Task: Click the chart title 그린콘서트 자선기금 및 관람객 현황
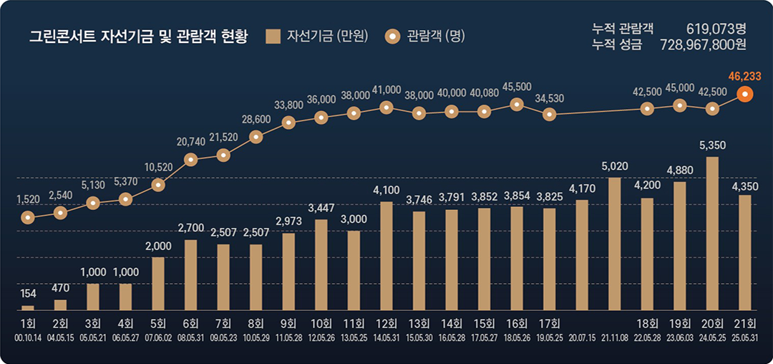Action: point(138,37)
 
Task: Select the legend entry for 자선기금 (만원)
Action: point(316,37)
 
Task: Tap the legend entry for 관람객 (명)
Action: point(425,37)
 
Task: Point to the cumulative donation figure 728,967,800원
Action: point(705,45)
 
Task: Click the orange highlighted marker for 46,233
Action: point(745,94)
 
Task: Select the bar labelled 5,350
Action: point(712,233)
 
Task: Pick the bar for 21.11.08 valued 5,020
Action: point(614,244)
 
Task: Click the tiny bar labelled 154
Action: point(28,307)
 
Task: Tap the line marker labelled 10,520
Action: point(158,185)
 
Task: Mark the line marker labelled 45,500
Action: point(517,104)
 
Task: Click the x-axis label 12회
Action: point(386,322)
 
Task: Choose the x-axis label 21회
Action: point(745,322)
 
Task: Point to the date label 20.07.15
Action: point(582,336)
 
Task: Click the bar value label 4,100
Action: point(386,191)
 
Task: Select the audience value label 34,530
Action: point(550,97)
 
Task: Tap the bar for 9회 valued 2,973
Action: point(289,271)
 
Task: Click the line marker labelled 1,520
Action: point(28,216)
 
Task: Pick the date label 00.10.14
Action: point(28,336)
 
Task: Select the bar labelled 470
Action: point(61,305)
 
